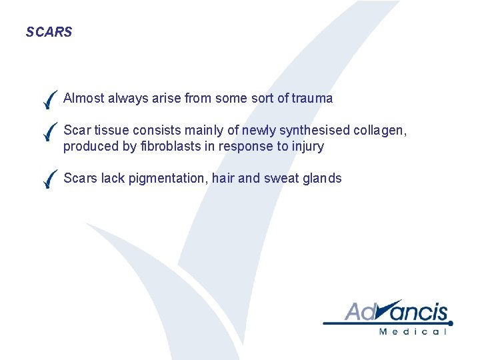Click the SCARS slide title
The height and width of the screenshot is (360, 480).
[x=49, y=32]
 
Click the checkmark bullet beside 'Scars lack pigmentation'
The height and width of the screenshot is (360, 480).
[x=48, y=179]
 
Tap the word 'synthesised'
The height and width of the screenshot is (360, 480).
[x=316, y=131]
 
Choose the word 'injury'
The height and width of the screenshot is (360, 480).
[x=307, y=147]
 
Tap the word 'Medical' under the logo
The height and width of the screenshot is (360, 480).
[x=413, y=331]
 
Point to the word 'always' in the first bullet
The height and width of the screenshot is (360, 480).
[x=124, y=99]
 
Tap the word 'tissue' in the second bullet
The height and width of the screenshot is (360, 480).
[x=111, y=131]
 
